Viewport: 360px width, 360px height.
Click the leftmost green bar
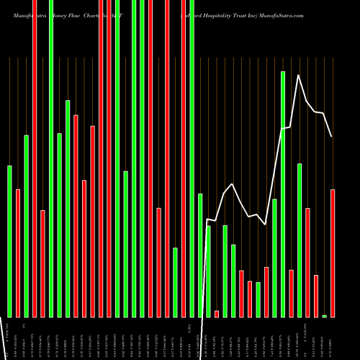(x=10, y=241)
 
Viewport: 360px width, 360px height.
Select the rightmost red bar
(x=333, y=253)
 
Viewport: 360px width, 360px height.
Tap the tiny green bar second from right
(x=324, y=316)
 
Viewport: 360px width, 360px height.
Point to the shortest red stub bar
(x=217, y=313)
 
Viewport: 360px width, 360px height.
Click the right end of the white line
(x=332, y=136)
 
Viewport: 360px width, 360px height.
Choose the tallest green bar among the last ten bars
(x=283, y=194)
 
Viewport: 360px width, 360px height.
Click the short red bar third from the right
(x=316, y=296)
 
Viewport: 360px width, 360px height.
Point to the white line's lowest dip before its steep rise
(x=266, y=225)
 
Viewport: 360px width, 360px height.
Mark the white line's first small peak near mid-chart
(x=232, y=184)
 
